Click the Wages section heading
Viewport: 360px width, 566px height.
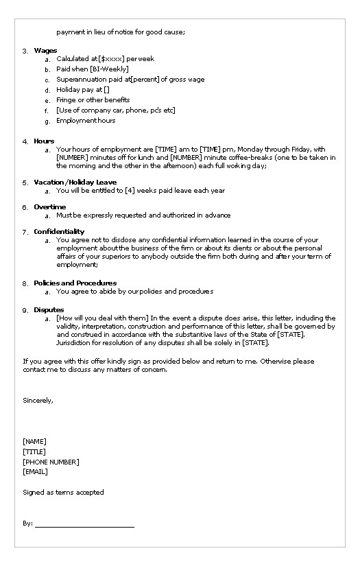pyautogui.click(x=45, y=51)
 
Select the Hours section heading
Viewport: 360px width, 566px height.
pyautogui.click(x=44, y=141)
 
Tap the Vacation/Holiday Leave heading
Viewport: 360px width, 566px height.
pyautogui.click(x=75, y=182)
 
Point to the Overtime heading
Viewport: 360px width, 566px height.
pyautogui.click(x=49, y=207)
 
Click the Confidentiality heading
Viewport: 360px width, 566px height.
pyautogui.click(x=59, y=232)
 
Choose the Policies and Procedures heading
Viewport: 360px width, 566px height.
pyautogui.click(x=75, y=283)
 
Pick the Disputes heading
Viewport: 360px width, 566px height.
pyautogui.click(x=49, y=310)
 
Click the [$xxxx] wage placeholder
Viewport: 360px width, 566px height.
pyautogui.click(x=111, y=59)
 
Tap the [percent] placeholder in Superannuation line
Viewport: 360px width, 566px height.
pyautogui.click(x=144, y=80)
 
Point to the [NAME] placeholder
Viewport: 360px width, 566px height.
pyautogui.click(x=34, y=442)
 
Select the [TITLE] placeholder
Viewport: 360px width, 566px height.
pyautogui.click(x=34, y=452)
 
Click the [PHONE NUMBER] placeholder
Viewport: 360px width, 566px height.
pyautogui.click(x=51, y=462)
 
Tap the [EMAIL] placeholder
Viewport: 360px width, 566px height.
pyautogui.click(x=35, y=473)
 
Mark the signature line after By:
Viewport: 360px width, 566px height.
pyautogui.click(x=84, y=526)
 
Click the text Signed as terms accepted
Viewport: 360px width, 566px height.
pyautogui.click(x=63, y=493)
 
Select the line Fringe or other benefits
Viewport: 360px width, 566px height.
pyautogui.click(x=93, y=100)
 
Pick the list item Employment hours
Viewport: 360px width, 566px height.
pyautogui.click(x=86, y=121)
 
